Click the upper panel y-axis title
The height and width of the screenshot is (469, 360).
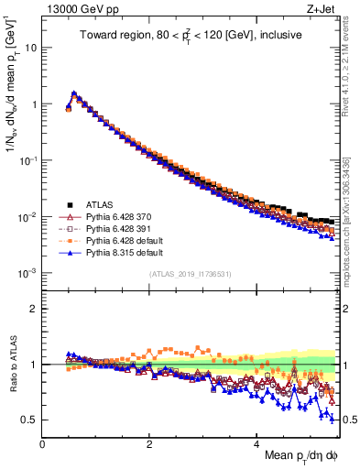coord(12,119)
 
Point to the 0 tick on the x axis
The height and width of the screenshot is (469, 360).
coord(43,444)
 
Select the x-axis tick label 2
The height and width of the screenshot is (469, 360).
coord(150,444)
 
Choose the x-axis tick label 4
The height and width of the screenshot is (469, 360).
coord(257,444)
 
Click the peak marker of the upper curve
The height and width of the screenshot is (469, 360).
coord(74,93)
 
